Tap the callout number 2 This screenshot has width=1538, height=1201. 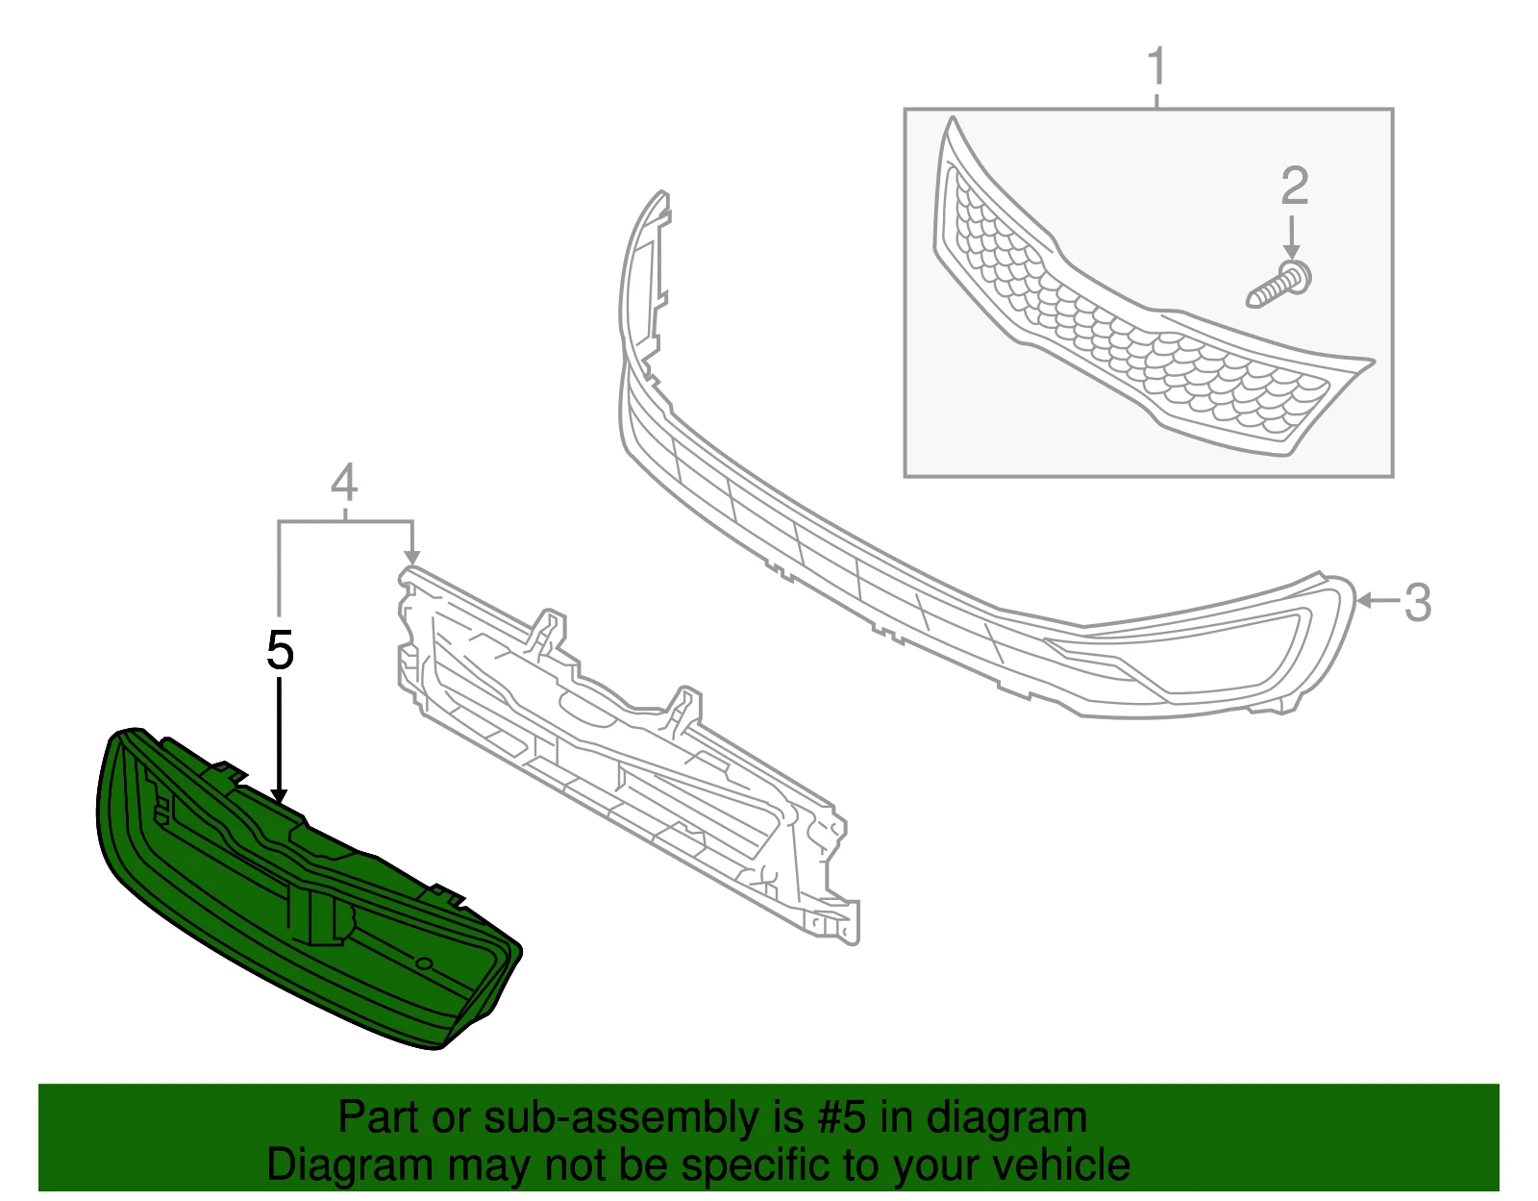(1295, 187)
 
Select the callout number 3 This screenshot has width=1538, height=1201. (1418, 602)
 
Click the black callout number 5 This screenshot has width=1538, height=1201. (281, 650)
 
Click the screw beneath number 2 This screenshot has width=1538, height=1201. (1279, 285)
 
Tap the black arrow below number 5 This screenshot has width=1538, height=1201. (280, 740)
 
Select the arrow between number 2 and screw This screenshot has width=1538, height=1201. (1292, 238)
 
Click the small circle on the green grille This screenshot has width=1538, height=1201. (424, 963)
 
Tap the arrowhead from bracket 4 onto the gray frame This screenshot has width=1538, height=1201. (411, 557)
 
